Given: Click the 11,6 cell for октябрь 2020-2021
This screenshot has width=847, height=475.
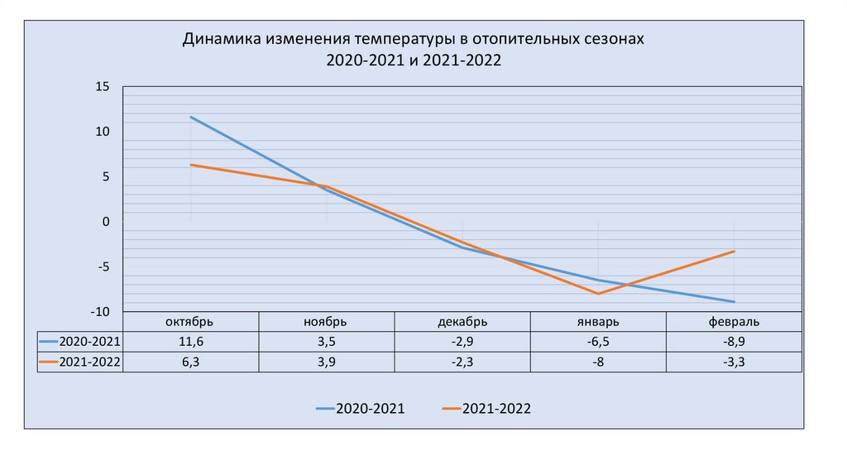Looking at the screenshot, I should (191, 342).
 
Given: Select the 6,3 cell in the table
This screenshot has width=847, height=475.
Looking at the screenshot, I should (191, 362).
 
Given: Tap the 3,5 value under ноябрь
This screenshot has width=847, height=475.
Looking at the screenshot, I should (327, 342).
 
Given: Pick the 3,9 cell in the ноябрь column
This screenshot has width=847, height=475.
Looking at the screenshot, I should (327, 362).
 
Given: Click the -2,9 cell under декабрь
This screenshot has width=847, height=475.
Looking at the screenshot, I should (462, 342).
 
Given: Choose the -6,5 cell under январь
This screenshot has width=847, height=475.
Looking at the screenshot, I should (598, 342).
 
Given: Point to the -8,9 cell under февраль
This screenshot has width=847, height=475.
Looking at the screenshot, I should (734, 342).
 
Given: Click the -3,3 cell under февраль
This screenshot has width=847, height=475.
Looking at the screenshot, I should (734, 362).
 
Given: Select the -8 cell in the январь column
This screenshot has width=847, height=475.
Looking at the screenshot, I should (598, 362).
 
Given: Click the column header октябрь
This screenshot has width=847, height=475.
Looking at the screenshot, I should (191, 322).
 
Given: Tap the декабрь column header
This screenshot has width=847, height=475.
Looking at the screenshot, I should (462, 322).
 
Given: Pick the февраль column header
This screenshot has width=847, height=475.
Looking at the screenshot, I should (734, 322).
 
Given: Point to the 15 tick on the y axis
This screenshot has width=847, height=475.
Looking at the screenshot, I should (103, 86).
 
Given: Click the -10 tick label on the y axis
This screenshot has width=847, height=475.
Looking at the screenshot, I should (100, 311).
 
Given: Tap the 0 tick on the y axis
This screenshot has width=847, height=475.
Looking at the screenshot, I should (106, 221).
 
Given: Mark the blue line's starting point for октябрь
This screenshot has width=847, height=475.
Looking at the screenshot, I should (191, 117).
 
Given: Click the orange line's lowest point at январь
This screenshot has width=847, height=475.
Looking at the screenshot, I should (598, 294).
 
